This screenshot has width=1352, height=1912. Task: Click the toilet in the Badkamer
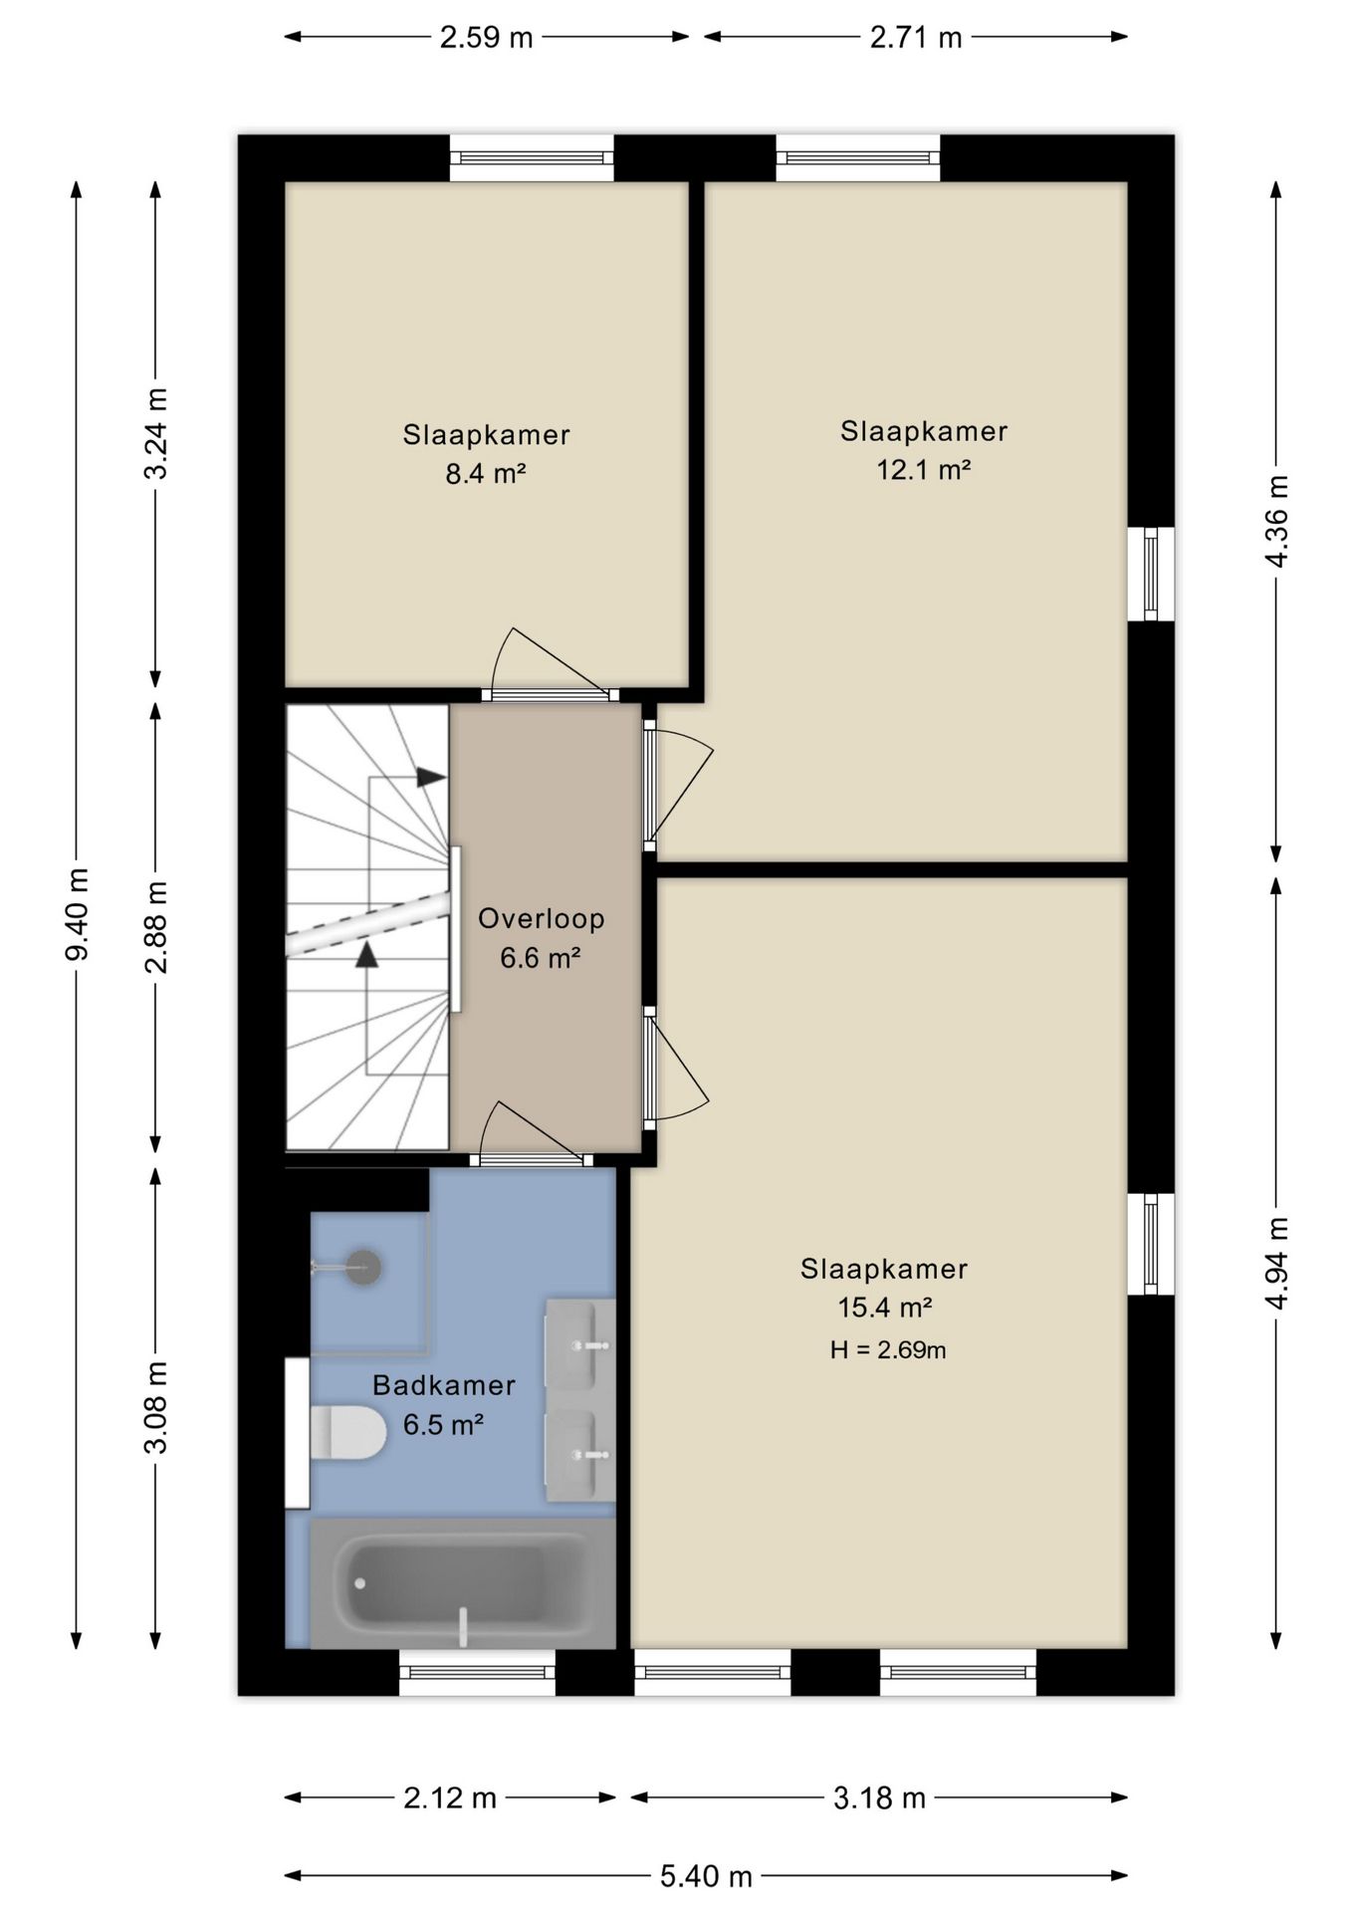[x=347, y=1433]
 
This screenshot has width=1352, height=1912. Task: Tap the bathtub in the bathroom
[x=463, y=1582]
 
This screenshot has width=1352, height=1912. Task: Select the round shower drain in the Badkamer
[x=364, y=1267]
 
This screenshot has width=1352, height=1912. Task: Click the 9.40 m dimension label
[x=77, y=913]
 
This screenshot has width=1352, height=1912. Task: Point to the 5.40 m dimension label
[x=706, y=1876]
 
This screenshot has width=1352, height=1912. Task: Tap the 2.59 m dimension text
[x=487, y=38]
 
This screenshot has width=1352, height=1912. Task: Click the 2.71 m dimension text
[x=916, y=38]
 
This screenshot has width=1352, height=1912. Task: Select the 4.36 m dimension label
[x=1276, y=521]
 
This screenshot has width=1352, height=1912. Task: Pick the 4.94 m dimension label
[x=1276, y=1264]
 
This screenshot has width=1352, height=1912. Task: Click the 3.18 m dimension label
[x=879, y=1797]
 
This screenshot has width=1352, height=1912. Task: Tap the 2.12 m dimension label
[x=450, y=1797]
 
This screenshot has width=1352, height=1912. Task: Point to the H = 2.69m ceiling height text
[x=888, y=1350]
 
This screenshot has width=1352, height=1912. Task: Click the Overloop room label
[x=542, y=918]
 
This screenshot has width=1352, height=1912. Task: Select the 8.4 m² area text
[x=486, y=473]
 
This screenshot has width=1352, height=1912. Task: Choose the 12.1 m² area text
[x=924, y=469]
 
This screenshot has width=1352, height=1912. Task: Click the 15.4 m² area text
[x=885, y=1307]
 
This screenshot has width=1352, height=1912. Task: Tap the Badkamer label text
[x=444, y=1385]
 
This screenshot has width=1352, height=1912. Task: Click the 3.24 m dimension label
[x=156, y=433]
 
